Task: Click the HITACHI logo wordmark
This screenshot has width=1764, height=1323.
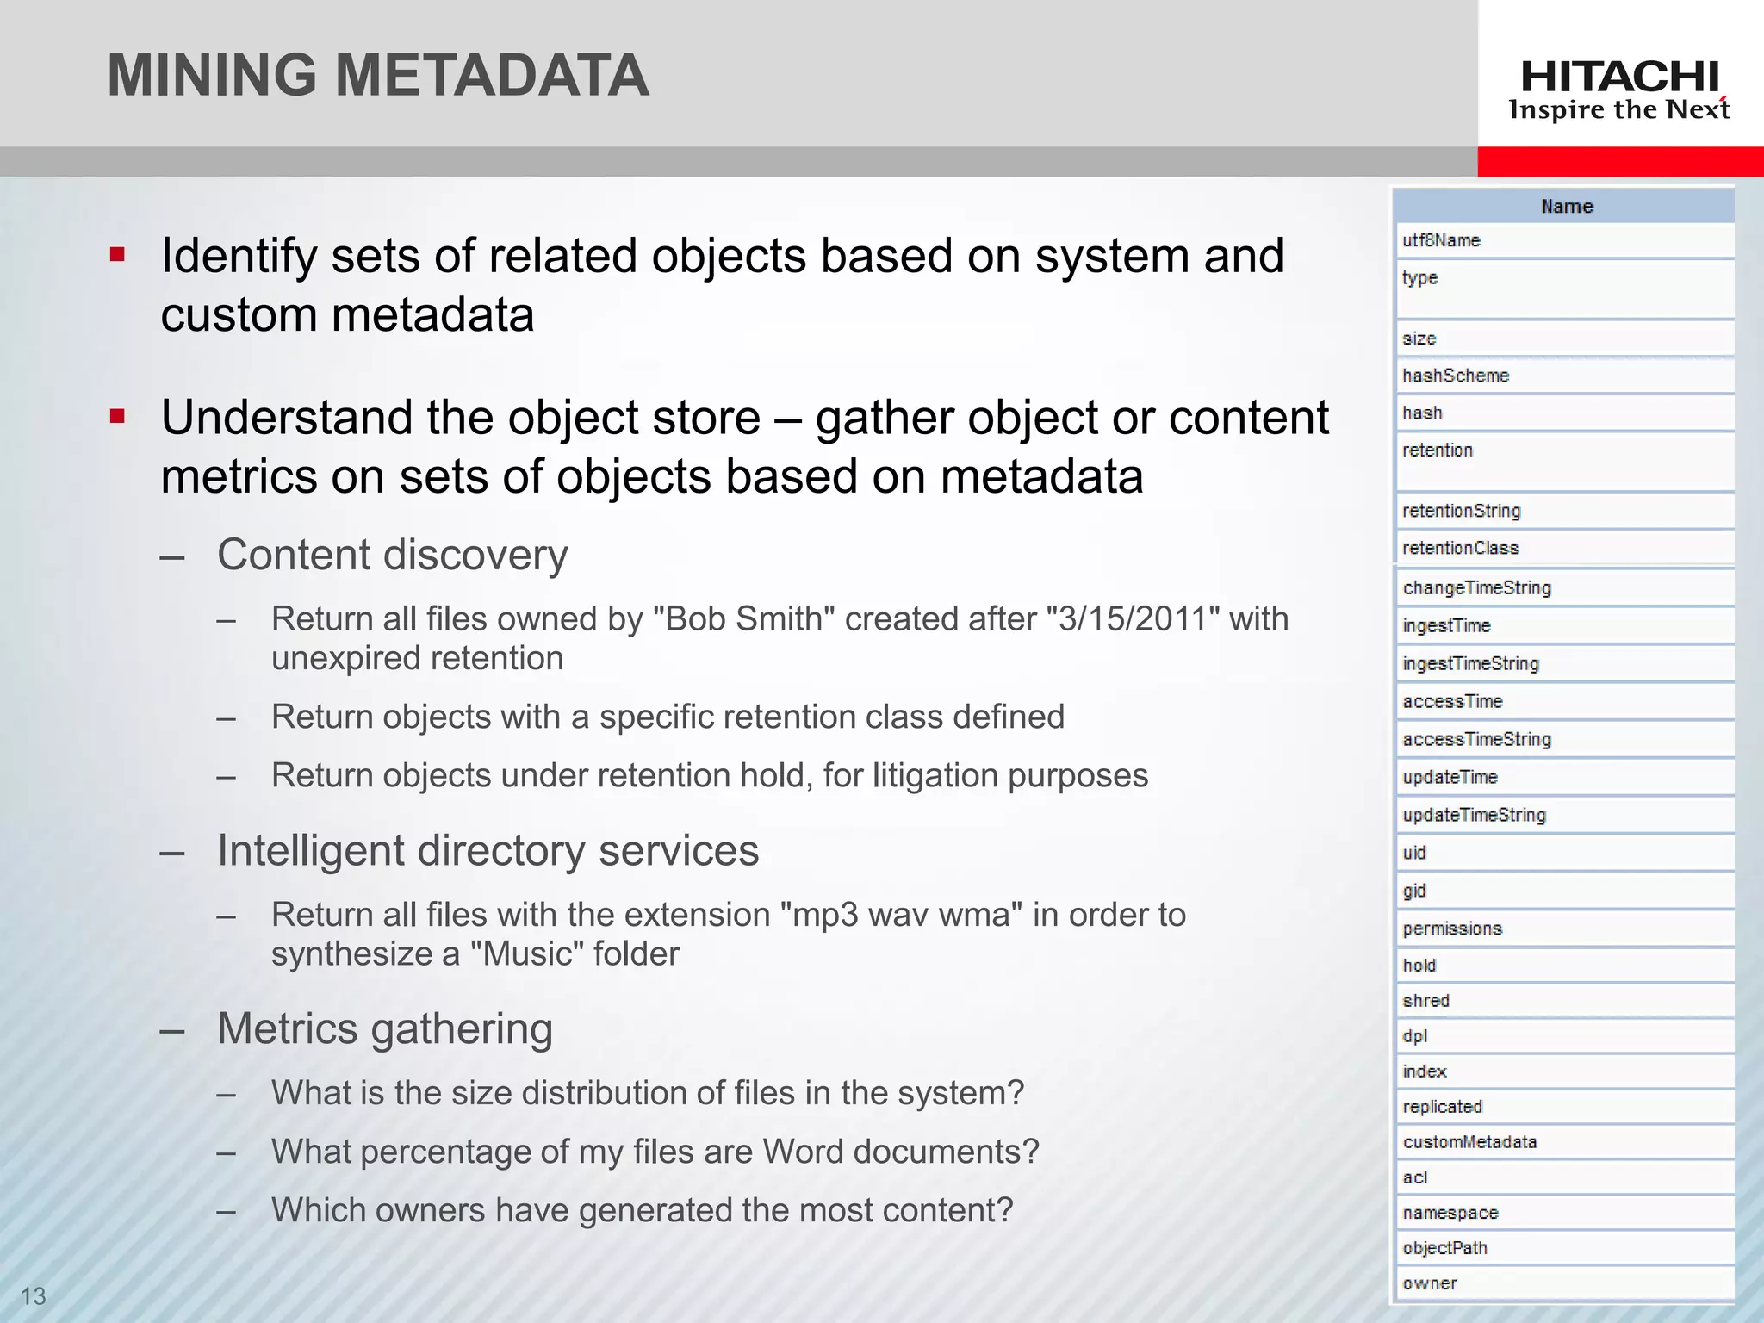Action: (x=1619, y=78)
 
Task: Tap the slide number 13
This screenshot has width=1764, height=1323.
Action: (x=33, y=1295)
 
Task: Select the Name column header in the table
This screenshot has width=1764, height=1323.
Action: (x=1566, y=207)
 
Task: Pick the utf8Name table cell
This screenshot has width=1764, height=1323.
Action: (x=1441, y=240)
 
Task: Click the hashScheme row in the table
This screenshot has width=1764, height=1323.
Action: (x=1456, y=376)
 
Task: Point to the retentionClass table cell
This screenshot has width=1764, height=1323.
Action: (x=1460, y=548)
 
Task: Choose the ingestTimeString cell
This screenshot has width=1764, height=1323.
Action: (x=1470, y=663)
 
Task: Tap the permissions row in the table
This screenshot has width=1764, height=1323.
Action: (x=1452, y=929)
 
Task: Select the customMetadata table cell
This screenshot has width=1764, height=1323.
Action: (x=1469, y=1142)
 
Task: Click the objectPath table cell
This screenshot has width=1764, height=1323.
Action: (x=1444, y=1248)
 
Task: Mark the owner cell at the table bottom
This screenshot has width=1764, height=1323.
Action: (x=1430, y=1283)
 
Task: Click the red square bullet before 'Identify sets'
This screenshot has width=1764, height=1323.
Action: (x=118, y=255)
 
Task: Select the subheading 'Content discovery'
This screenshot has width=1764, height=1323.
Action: (x=393, y=555)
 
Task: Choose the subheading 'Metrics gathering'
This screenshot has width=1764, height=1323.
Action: (x=385, y=1028)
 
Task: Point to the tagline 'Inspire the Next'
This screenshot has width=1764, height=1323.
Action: (x=1619, y=110)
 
